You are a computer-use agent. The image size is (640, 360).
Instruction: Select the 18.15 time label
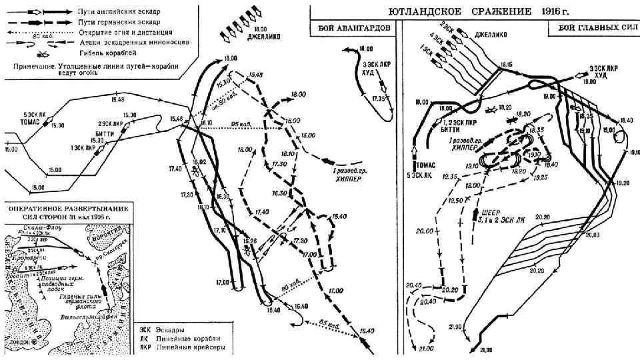click(507, 65)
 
